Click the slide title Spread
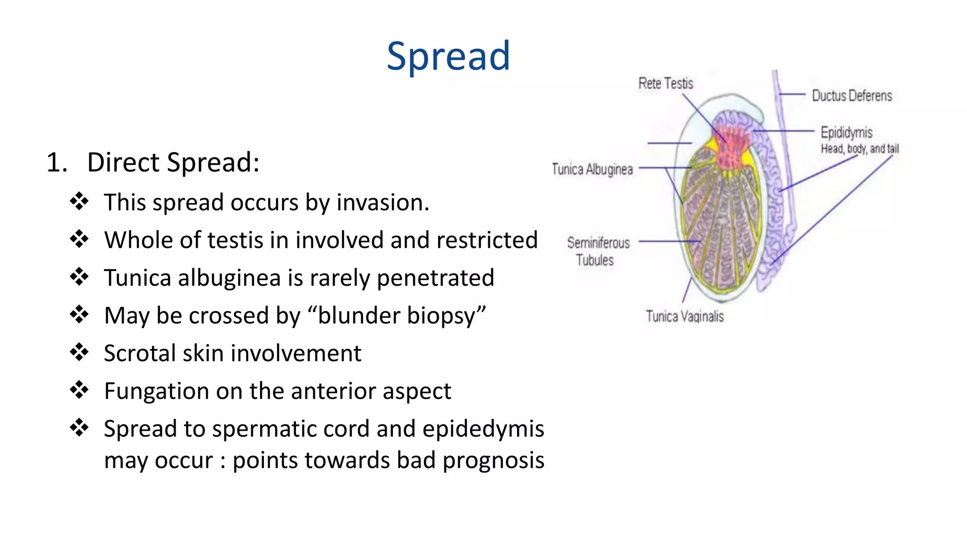click(448, 56)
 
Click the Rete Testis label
click(665, 84)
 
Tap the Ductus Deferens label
click(851, 96)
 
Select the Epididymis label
click(846, 132)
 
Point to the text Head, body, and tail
click(859, 149)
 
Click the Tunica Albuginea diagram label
click(592, 169)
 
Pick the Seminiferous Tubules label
click(598, 251)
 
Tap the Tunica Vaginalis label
click(684, 316)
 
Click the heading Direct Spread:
click(173, 162)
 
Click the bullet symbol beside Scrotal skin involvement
click(79, 352)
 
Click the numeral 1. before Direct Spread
click(57, 162)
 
